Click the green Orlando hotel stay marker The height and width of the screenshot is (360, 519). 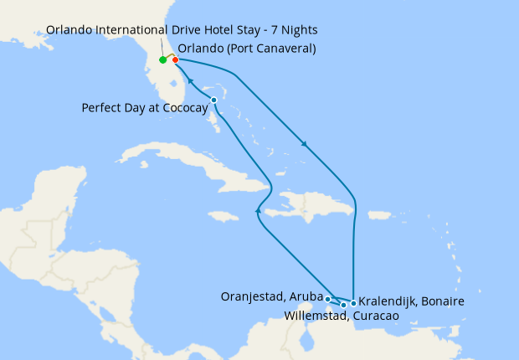click(162, 60)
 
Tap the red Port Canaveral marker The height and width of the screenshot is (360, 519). click(175, 59)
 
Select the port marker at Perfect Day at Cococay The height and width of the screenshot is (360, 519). click(214, 100)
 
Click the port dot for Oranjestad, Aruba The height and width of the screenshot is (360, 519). click(328, 299)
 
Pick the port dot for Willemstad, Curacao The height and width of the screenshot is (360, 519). click(343, 305)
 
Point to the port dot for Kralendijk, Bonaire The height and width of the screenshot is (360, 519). click(354, 303)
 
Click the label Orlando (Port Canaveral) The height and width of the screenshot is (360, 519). click(247, 48)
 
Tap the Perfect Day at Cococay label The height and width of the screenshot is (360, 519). click(144, 108)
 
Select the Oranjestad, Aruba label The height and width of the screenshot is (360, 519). click(271, 296)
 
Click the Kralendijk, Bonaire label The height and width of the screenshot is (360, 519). click(412, 301)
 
